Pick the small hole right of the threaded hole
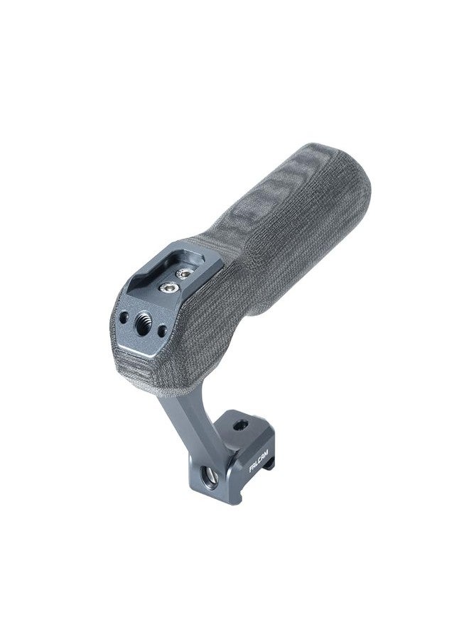click(162, 329)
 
